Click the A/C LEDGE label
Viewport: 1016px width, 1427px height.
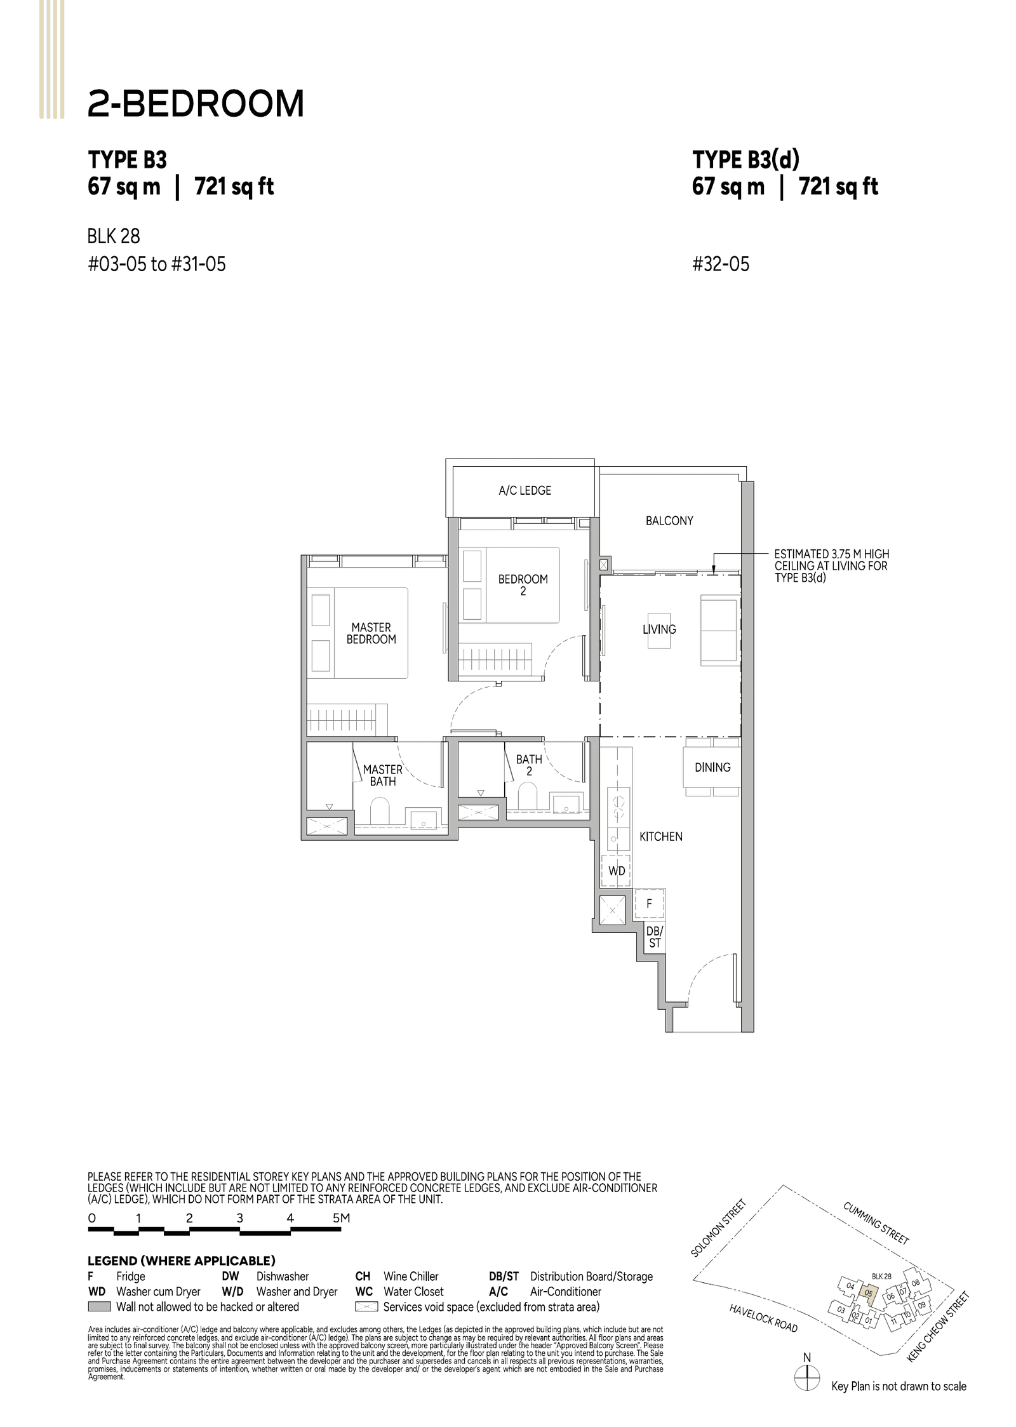525,490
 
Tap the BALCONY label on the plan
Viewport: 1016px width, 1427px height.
669,521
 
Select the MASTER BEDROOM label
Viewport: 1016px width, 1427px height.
371,633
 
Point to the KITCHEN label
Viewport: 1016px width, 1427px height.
660,836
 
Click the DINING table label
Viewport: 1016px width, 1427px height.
712,767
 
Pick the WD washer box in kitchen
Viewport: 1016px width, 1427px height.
617,871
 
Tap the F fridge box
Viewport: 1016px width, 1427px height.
649,903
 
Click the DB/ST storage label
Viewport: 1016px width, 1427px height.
654,937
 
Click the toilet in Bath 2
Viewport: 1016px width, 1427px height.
527,796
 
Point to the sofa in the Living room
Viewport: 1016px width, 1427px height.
720,630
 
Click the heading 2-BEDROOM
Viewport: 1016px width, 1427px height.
196,104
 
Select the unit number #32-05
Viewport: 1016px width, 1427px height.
721,264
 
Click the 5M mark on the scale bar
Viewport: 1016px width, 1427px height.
341,1218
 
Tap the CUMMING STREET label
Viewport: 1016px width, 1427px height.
876,1223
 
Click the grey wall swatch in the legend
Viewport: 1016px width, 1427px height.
100,1307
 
